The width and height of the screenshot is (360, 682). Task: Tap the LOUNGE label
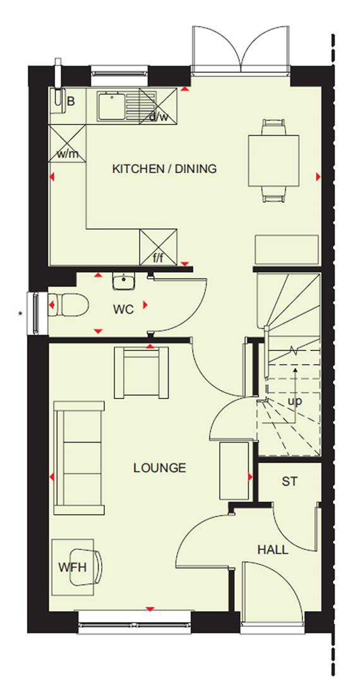tap(160, 468)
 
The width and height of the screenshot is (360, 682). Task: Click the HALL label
tap(272, 550)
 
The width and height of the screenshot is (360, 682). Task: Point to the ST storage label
tap(289, 482)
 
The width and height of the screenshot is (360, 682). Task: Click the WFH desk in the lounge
tap(73, 566)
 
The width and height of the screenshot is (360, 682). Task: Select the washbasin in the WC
tap(123, 281)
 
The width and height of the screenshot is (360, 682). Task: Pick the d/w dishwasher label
tap(159, 116)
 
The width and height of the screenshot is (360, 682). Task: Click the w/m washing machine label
tap(67, 153)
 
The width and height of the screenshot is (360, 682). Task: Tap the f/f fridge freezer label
tap(158, 258)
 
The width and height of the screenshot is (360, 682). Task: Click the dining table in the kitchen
tap(273, 161)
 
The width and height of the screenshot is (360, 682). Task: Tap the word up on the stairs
tap(294, 401)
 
